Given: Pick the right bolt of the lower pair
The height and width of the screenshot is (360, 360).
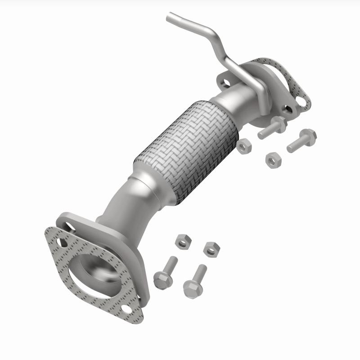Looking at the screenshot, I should tap(195, 281).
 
